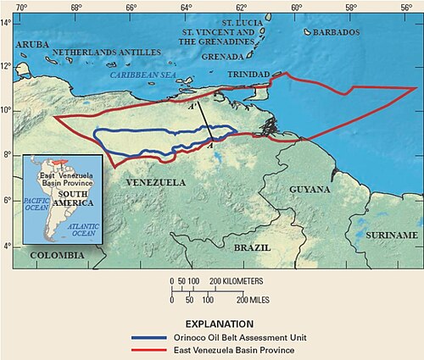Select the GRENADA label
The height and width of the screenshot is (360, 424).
[223, 58]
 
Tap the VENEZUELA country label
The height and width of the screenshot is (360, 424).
[155, 182]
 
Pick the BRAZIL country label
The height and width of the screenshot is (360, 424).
[252, 248]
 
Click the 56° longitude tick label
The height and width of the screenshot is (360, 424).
[407, 6]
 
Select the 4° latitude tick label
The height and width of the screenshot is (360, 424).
[7, 246]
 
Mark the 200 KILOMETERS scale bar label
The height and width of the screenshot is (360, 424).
[237, 280]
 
